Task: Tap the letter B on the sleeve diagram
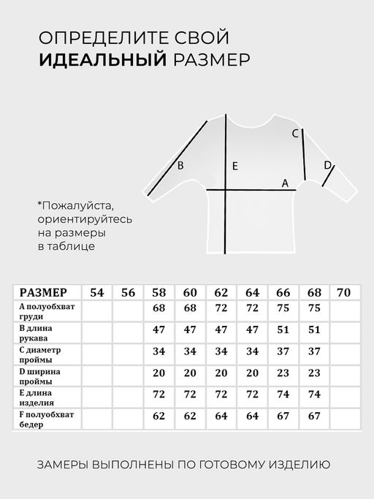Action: (x=180, y=166)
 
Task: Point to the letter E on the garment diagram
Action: (x=234, y=166)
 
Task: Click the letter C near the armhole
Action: (x=295, y=134)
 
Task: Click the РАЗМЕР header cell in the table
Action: (x=43, y=292)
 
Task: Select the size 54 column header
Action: (x=96, y=292)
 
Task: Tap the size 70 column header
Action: (x=344, y=292)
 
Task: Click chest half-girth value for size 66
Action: (x=283, y=308)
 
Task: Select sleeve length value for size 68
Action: (x=314, y=330)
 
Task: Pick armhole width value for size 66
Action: (x=283, y=374)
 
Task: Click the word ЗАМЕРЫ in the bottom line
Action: (x=69, y=464)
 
